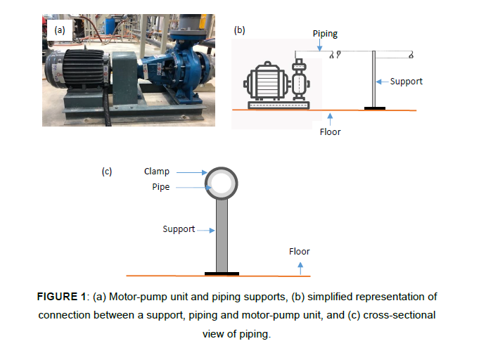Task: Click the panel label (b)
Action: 239,30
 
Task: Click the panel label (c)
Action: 107,171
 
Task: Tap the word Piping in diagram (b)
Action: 325,34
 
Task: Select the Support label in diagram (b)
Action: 406,81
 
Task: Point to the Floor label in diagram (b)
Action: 330,131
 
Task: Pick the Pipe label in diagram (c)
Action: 161,187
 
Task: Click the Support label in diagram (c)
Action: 179,229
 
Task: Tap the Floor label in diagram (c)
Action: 299,251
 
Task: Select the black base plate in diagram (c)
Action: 222,273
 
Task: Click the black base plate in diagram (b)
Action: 374,108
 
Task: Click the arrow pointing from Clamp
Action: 191,171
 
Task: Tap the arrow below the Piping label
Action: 320,45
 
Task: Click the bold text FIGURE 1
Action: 63,297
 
